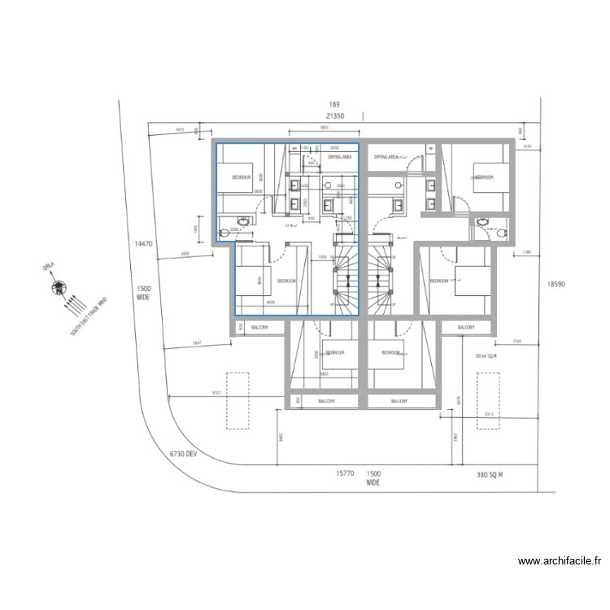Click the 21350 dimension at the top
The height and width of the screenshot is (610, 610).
(334, 116)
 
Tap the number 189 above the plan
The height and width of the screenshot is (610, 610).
(333, 105)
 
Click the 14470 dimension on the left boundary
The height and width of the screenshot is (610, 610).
(143, 243)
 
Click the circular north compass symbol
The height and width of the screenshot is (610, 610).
(58, 286)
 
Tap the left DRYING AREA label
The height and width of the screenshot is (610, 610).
(339, 156)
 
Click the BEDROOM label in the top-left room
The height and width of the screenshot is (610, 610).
(242, 176)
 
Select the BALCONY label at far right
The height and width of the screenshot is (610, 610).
(466, 327)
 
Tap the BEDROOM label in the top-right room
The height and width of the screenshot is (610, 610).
(485, 176)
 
